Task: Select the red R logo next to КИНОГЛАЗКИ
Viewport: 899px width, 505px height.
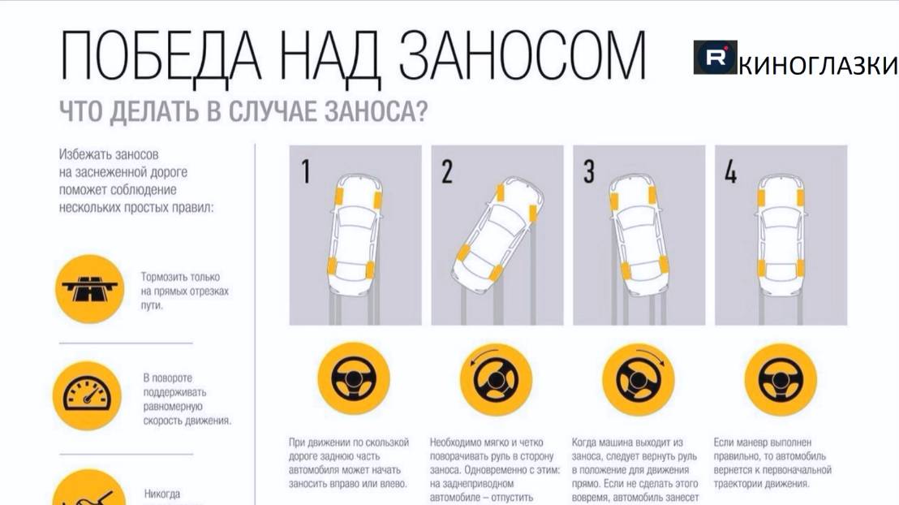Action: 715,58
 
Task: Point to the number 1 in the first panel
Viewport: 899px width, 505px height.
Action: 306,172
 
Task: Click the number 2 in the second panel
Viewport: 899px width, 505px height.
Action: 447,172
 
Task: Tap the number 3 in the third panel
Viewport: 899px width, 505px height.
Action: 589,172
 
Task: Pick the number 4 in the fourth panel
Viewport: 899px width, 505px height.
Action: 730,172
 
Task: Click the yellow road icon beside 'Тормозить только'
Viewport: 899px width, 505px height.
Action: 88,288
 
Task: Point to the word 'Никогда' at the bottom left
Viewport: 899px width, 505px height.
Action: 162,494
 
